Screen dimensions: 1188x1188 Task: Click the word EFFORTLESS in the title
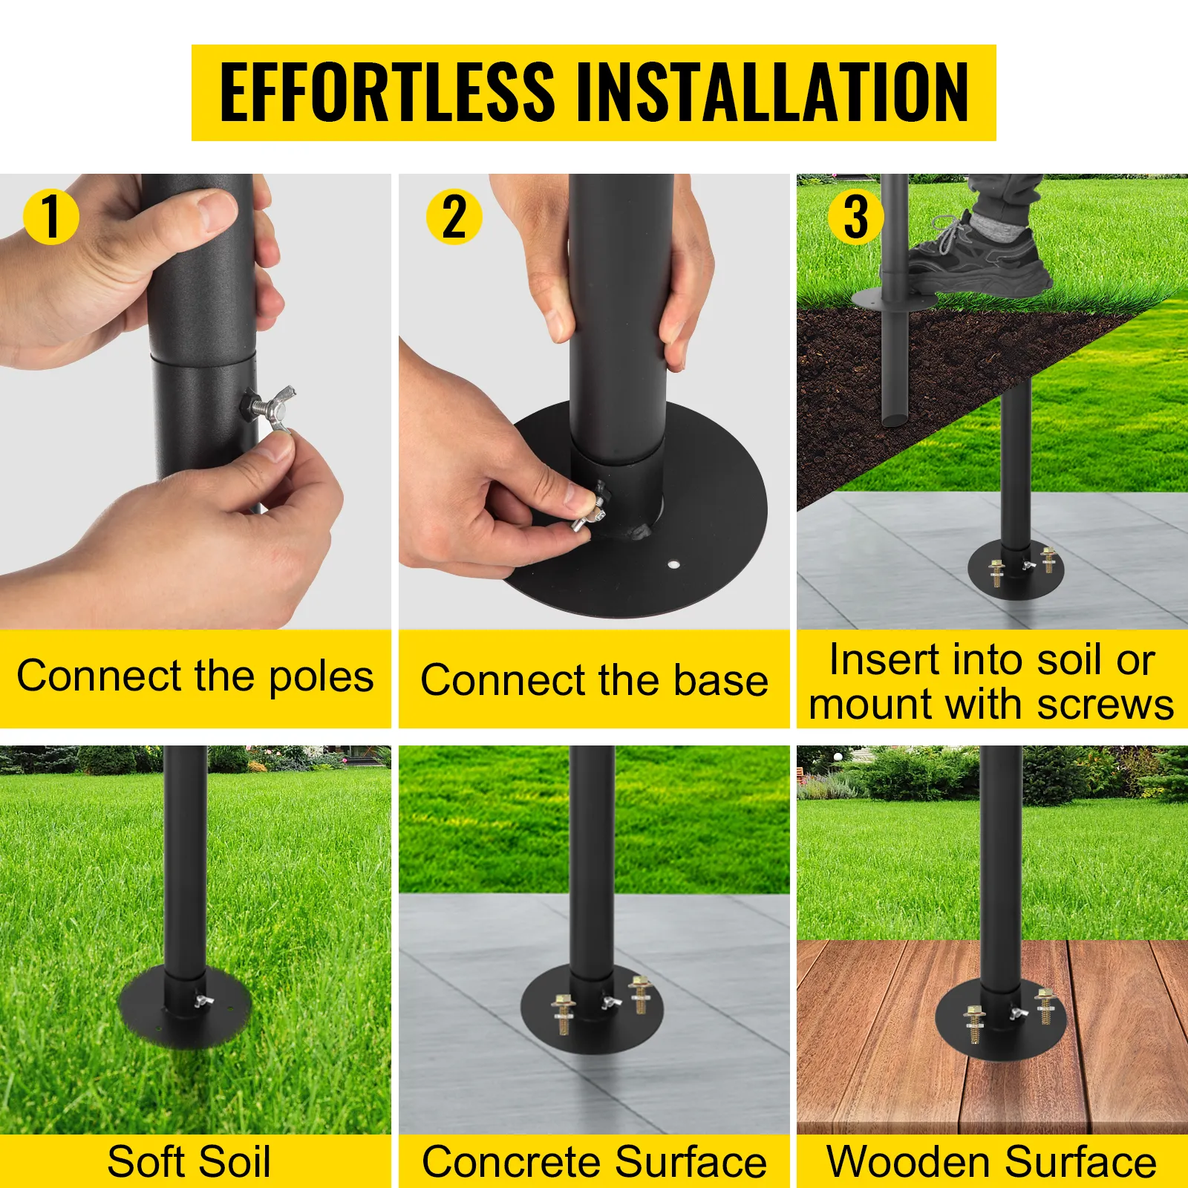tap(387, 92)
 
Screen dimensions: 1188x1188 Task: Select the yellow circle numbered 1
tap(51, 217)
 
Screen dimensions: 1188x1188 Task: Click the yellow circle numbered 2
tap(454, 217)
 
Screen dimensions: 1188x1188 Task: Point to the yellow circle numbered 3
tap(855, 217)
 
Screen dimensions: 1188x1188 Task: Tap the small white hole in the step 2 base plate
tap(673, 564)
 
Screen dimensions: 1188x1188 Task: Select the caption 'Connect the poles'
tap(195, 677)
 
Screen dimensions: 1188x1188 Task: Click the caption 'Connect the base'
tap(594, 680)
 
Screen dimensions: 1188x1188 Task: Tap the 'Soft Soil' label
tap(189, 1162)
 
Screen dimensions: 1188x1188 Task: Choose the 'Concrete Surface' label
tap(594, 1162)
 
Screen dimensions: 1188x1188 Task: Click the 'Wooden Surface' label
tap(992, 1162)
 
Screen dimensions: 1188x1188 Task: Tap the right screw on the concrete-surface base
tap(640, 994)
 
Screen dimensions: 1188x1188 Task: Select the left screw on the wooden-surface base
tap(974, 1024)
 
